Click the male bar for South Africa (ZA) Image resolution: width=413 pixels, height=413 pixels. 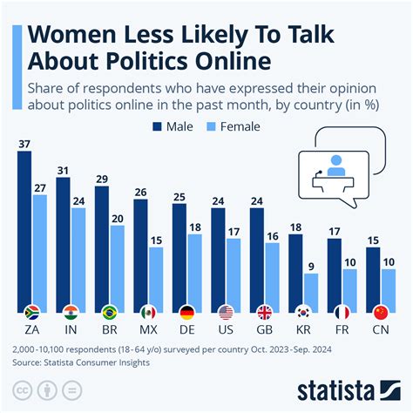(x=24, y=232)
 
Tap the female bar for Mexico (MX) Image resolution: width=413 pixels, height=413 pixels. (x=155, y=280)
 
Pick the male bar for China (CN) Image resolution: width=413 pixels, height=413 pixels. (x=372, y=280)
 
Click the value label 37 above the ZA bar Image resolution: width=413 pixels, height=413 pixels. (x=24, y=144)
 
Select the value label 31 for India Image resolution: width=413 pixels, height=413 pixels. (x=63, y=169)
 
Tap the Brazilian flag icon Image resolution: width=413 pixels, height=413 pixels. (x=109, y=312)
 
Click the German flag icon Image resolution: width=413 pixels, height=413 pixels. (x=186, y=312)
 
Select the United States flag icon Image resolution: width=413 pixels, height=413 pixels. (x=225, y=312)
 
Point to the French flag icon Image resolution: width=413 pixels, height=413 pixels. (x=341, y=312)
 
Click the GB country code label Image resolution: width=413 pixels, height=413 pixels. (x=264, y=331)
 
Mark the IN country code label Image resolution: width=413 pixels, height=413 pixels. (x=71, y=331)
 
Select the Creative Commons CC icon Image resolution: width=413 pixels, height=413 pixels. (x=19, y=389)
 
